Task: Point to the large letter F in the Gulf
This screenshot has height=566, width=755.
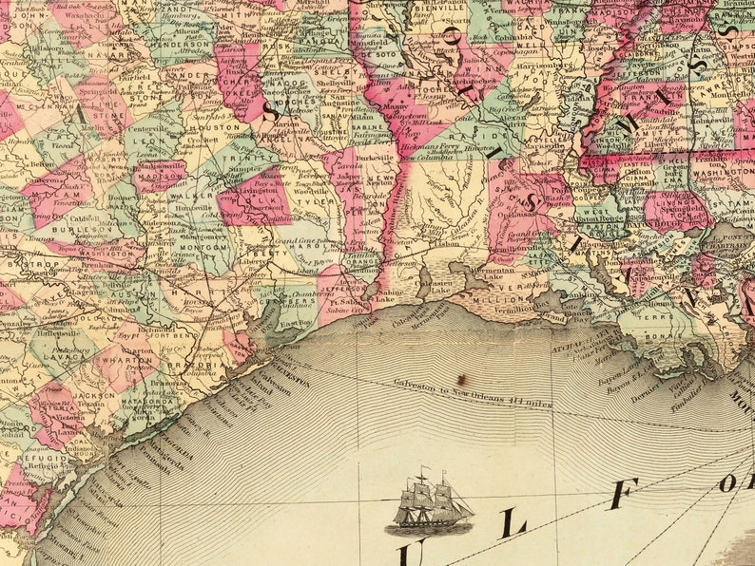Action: (x=623, y=495)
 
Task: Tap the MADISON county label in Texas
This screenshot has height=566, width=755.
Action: (x=159, y=175)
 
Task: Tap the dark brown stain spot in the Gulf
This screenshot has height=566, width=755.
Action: (x=460, y=378)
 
